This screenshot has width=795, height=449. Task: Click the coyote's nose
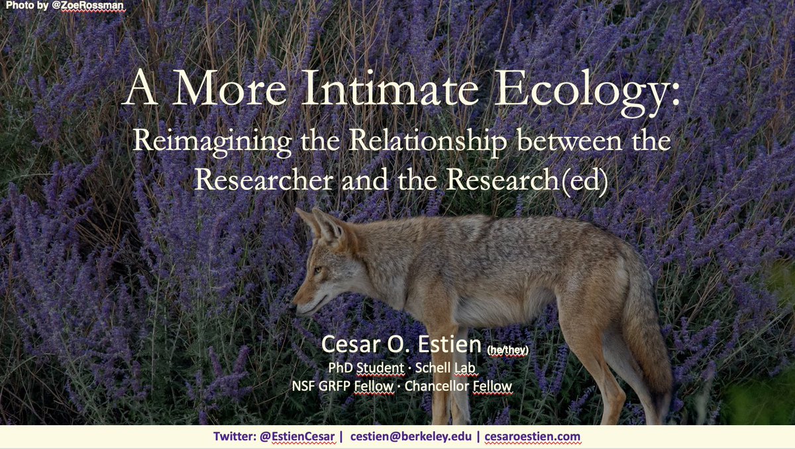[295, 306]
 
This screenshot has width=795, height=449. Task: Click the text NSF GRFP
[350, 385]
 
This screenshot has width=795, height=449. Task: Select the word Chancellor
[448, 385]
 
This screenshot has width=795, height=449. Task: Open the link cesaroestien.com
[532, 436]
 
